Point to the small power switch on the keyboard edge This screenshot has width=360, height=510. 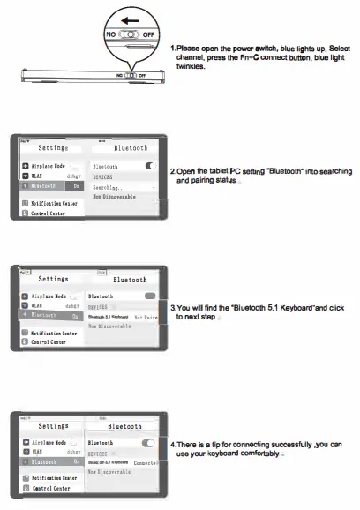click(x=127, y=75)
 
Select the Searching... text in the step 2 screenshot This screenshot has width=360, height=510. click(x=109, y=187)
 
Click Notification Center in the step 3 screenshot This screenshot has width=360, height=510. click(x=55, y=333)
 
